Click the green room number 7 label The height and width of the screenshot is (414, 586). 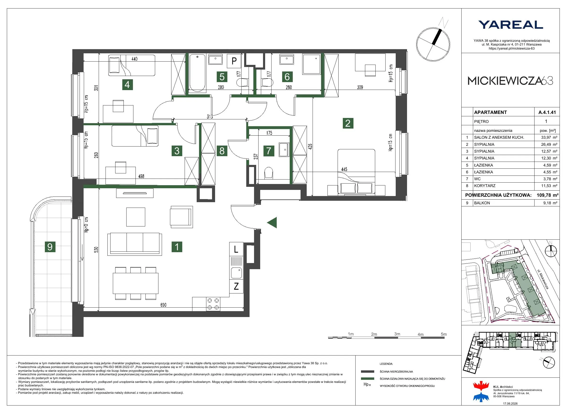pos(269,151)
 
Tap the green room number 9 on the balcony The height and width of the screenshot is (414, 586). pos(50,247)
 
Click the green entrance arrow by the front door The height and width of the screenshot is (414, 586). pos(272,222)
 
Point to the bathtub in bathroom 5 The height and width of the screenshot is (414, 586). pos(198,73)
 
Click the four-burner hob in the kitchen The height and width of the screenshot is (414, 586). pos(213,304)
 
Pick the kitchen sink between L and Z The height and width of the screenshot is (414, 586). pos(236,273)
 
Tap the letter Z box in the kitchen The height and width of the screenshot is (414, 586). pos(236,286)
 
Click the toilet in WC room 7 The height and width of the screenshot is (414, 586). pos(268,172)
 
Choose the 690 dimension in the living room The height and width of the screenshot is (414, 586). pos(163,305)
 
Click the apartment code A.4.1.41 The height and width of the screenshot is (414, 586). pos(547,112)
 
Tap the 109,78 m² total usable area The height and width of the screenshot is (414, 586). pos(548,195)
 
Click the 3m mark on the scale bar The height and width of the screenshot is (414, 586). pos(397,334)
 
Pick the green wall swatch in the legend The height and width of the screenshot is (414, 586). pos(368,379)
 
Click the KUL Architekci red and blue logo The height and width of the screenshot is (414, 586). pos(481,392)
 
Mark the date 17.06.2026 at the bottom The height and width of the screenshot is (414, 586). pos(510,404)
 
